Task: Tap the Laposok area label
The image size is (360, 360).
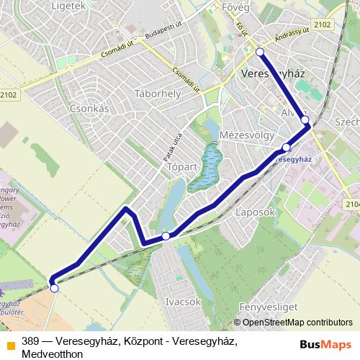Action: pos(255,213)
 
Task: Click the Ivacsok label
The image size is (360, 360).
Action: pos(182,302)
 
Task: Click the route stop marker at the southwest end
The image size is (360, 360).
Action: pos(54,288)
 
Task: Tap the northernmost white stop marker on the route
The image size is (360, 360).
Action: pos(260,52)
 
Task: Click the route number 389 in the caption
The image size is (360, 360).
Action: pos(30,341)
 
